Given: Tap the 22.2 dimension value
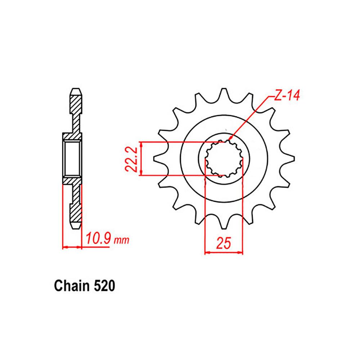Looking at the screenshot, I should coord(132,159).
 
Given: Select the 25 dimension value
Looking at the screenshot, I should coord(223,244).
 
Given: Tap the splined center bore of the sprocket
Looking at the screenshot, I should coord(224,158).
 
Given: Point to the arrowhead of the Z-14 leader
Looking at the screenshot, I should coord(229,138).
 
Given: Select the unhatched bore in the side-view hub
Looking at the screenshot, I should coord(72,158).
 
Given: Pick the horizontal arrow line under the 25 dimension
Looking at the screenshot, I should coord(223,252).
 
